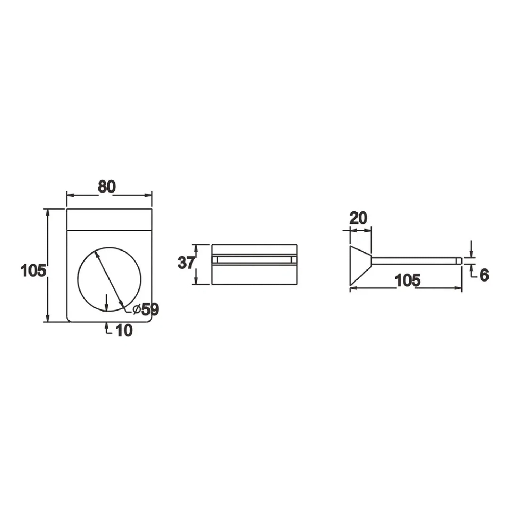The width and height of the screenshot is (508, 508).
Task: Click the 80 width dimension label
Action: tap(107, 187)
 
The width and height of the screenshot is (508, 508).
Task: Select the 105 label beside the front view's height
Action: tap(33, 271)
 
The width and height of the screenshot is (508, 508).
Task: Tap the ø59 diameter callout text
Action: tap(146, 309)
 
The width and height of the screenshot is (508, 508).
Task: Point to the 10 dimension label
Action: tap(124, 331)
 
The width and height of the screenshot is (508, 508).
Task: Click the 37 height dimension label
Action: tap(186, 263)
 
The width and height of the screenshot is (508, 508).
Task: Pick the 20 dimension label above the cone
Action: tap(358, 218)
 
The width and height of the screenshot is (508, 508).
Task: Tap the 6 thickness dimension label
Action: tap(484, 275)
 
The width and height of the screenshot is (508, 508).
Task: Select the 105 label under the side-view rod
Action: tap(408, 280)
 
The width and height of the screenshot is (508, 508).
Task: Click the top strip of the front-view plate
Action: tap(109, 220)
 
